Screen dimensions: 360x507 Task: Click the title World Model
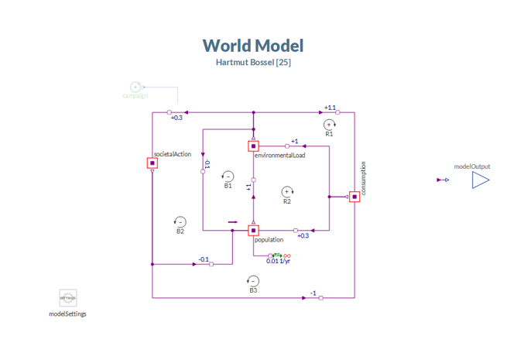253,46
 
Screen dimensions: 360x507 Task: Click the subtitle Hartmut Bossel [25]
253,62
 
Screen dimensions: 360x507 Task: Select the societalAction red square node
152,163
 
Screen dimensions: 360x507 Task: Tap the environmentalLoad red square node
253,146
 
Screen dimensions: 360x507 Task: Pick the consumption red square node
355,197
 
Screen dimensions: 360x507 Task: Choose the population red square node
253,231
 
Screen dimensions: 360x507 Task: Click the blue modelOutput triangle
481,180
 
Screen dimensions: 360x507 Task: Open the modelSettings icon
68,298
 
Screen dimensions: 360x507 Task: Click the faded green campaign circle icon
135,87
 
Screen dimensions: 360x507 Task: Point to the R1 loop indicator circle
329,124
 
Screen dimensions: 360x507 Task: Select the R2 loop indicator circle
287,191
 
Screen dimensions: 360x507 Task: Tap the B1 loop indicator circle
228,176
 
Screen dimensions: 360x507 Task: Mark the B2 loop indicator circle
180,221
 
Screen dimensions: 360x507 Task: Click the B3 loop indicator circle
253,281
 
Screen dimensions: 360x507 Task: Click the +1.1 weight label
330,108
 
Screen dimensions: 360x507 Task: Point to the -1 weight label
313,293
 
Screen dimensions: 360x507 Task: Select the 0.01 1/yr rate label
278,261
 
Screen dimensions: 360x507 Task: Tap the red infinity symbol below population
286,255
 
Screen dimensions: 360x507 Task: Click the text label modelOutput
471,166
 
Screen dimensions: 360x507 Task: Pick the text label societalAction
173,154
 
